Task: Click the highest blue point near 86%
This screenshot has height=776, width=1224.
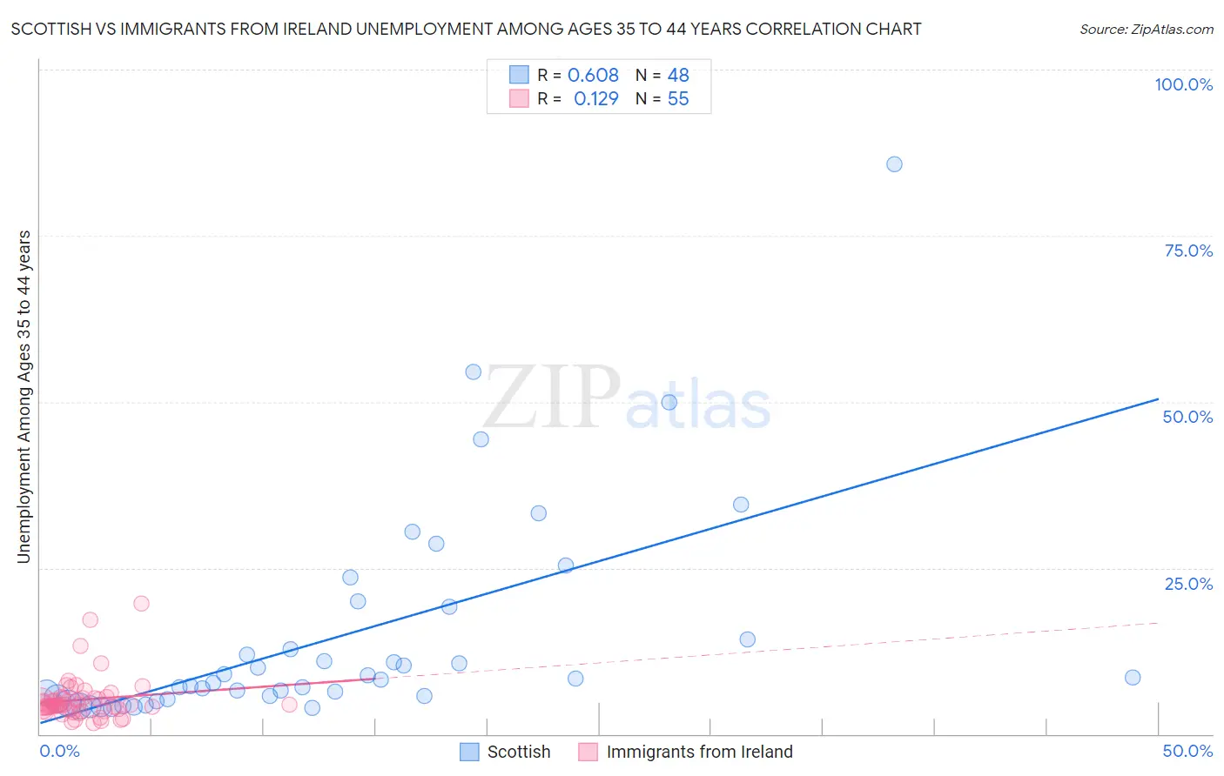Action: (894, 164)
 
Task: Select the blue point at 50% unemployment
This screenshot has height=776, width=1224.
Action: (669, 402)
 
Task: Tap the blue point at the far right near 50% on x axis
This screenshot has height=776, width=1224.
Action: (1133, 678)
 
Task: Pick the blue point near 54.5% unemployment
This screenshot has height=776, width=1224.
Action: (474, 372)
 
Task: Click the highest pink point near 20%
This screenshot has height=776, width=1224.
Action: (141, 604)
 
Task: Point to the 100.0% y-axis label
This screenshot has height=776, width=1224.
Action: (1183, 84)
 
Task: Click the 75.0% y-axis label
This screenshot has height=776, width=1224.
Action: (1188, 251)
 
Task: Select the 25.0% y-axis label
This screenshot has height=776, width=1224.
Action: (1188, 584)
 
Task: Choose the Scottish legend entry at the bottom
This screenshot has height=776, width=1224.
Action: (518, 752)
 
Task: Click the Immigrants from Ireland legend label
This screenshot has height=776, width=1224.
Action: (699, 752)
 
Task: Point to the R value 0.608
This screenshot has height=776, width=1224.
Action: (593, 76)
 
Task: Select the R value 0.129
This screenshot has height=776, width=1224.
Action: (595, 99)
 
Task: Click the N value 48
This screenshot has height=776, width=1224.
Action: (678, 76)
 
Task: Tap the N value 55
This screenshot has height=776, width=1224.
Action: (678, 99)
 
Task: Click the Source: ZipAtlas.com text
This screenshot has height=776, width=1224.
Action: (1146, 30)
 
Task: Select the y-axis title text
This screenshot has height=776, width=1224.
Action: (24, 397)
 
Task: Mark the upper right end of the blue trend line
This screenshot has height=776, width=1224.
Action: (1158, 399)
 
